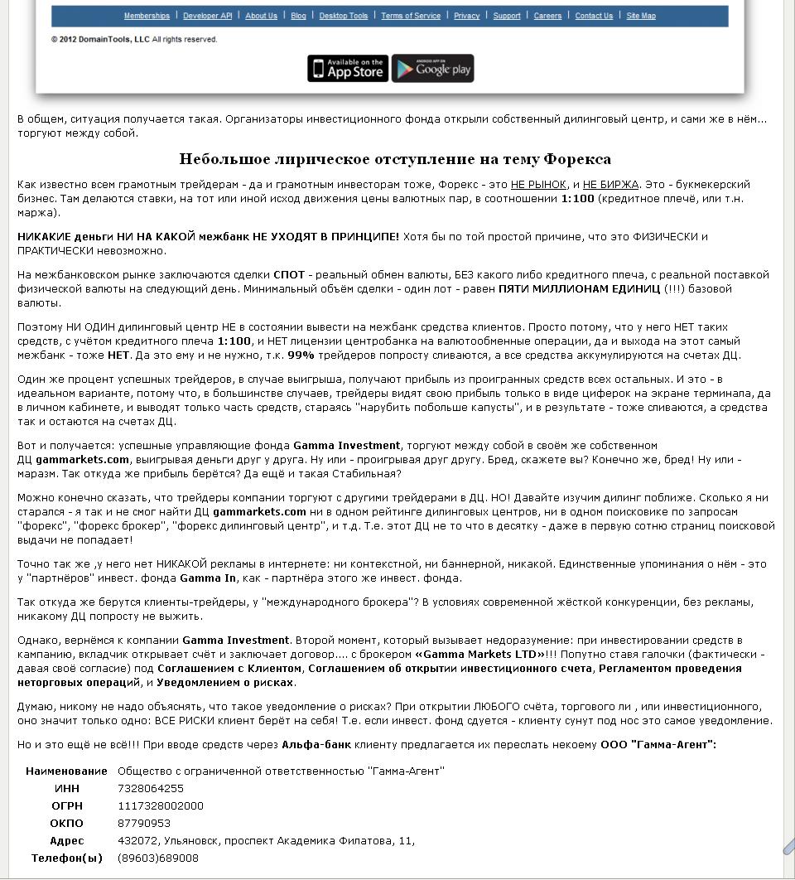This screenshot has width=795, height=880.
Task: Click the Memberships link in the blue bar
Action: (x=147, y=16)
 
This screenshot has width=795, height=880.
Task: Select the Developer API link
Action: (x=207, y=16)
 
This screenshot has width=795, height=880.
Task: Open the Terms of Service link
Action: (x=411, y=16)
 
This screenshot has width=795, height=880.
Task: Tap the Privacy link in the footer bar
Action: (x=467, y=16)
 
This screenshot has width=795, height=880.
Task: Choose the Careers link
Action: (x=547, y=16)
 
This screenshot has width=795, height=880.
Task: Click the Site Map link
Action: (x=641, y=16)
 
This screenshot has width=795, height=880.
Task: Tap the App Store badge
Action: (x=348, y=69)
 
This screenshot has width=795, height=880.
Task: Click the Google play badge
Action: (x=432, y=69)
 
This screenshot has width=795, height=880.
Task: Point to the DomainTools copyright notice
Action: (x=134, y=39)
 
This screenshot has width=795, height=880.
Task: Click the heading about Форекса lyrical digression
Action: (x=395, y=159)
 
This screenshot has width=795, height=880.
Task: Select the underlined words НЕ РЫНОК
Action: (x=538, y=185)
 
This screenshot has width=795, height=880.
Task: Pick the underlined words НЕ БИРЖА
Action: (x=610, y=185)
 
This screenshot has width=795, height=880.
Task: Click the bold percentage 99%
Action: (x=301, y=355)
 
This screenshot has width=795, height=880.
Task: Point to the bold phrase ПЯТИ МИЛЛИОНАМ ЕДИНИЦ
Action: (x=579, y=289)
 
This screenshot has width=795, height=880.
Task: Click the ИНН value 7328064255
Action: (x=151, y=789)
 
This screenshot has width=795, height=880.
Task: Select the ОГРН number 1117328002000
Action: (x=161, y=806)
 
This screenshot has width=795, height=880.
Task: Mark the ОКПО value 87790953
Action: (x=144, y=824)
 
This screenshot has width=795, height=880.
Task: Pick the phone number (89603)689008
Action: (x=158, y=858)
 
